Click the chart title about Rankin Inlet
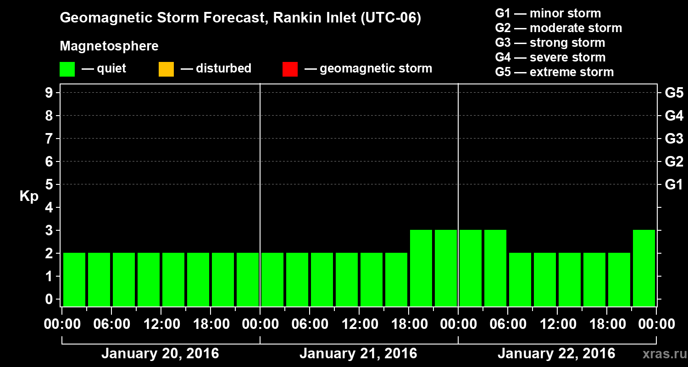(240, 18)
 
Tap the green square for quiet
(67, 69)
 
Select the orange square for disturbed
(166, 69)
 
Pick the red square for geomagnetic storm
(290, 69)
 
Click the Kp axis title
(29, 196)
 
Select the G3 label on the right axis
(674, 139)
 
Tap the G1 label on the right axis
(674, 184)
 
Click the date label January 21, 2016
(358, 354)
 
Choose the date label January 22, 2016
(556, 354)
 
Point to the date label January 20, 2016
(160, 354)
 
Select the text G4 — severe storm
(550, 57)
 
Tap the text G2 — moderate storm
(559, 28)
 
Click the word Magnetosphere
(109, 46)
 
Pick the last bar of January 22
(644, 268)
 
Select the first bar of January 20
(74, 279)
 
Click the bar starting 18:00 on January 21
(421, 268)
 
